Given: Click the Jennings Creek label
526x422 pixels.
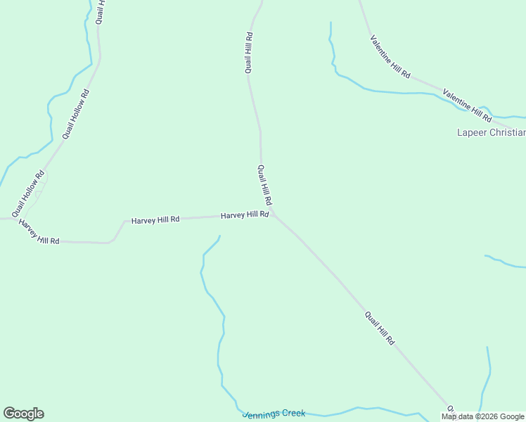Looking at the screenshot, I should click(x=274, y=414).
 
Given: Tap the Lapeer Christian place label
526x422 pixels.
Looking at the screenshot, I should click(x=491, y=132).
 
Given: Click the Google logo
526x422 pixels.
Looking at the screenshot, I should click(x=23, y=414).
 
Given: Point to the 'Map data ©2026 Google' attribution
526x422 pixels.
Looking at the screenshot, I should click(x=483, y=416).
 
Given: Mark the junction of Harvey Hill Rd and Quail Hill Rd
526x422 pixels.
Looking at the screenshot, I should click(x=273, y=215).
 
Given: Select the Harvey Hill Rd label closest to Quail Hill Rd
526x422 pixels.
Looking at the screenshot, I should click(x=245, y=215).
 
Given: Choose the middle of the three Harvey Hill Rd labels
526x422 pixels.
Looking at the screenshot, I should click(x=155, y=219).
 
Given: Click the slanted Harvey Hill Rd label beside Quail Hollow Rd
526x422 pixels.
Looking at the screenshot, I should click(x=39, y=232).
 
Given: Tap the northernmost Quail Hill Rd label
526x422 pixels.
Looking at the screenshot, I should click(x=249, y=53).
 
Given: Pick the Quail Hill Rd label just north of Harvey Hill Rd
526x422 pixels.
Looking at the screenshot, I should click(x=265, y=185).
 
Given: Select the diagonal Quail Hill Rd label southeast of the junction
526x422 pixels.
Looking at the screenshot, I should click(x=380, y=328).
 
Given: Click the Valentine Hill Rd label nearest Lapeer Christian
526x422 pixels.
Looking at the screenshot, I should click(x=466, y=103).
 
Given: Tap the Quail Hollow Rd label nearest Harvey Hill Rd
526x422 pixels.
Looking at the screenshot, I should click(x=28, y=194).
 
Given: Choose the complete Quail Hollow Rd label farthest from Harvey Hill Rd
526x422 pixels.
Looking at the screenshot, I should click(x=76, y=113).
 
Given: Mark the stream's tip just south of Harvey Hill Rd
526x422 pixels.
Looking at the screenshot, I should click(x=219, y=236).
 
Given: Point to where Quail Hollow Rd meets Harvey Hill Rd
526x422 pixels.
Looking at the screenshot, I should click(x=15, y=219).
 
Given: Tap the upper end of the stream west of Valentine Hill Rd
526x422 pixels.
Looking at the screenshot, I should click(x=330, y=23).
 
